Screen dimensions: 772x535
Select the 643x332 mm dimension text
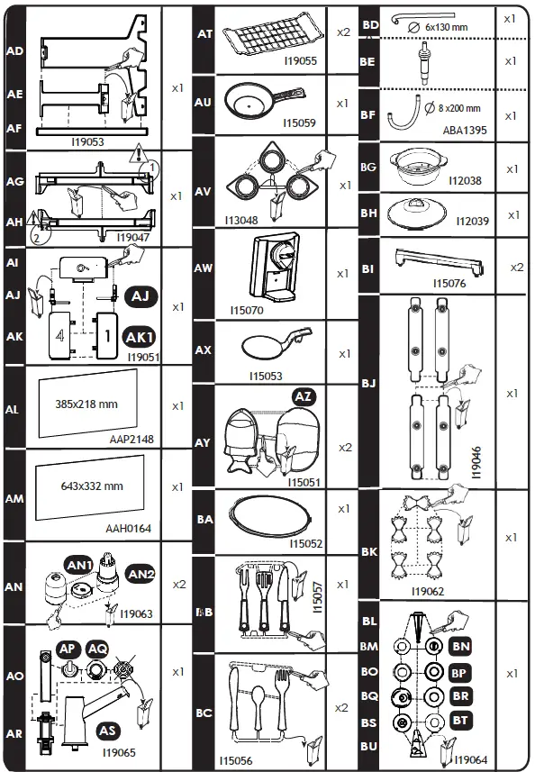coord(91,486)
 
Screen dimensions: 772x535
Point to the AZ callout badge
coord(304,396)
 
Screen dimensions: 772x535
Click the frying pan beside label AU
coord(252,104)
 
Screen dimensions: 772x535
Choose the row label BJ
coord(368,384)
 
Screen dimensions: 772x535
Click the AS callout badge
coord(107,730)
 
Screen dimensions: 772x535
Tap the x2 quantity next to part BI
coord(517,268)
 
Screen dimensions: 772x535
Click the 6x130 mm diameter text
coord(446,27)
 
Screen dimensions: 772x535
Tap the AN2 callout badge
coord(140,574)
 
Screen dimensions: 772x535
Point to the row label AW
coord(203,268)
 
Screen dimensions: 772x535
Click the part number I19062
coord(430,591)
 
